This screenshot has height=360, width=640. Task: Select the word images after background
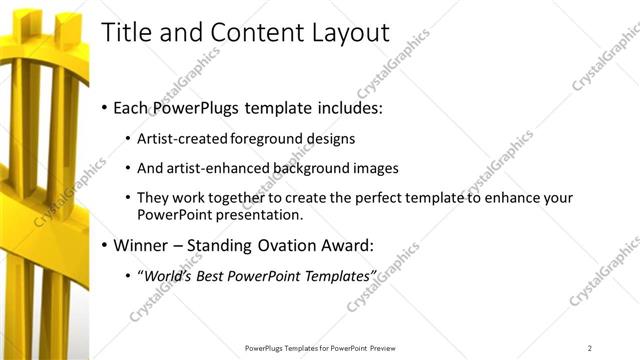375,168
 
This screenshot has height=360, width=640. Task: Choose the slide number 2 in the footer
589,347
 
